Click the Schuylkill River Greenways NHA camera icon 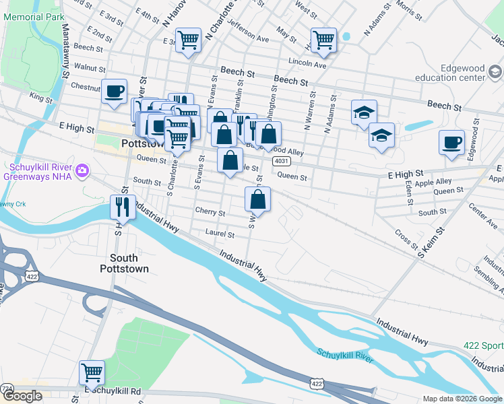coord(83,168)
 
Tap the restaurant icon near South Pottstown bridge coord(123,206)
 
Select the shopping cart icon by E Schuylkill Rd coord(92,372)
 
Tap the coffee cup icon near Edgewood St coord(451,142)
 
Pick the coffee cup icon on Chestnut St coord(114,90)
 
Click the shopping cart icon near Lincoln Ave coord(323,39)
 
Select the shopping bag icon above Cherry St coord(258,199)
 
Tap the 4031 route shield coord(282,162)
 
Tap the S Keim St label coord(432,242)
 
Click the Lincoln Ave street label coord(307,65)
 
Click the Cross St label coord(407,240)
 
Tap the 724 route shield coord(7,389)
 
